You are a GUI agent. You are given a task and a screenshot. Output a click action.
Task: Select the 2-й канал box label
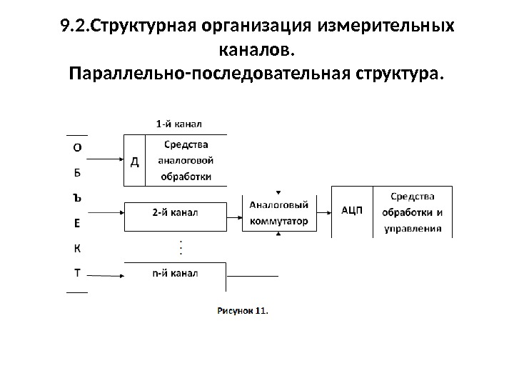coord(176,212)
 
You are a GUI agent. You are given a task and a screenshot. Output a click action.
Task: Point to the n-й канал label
coord(176,272)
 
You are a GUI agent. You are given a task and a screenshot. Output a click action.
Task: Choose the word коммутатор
coord(279,221)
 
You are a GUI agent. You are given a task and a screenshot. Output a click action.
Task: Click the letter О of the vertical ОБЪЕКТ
coord(77,148)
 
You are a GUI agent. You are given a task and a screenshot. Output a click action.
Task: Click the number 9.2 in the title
coord(72,27)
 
